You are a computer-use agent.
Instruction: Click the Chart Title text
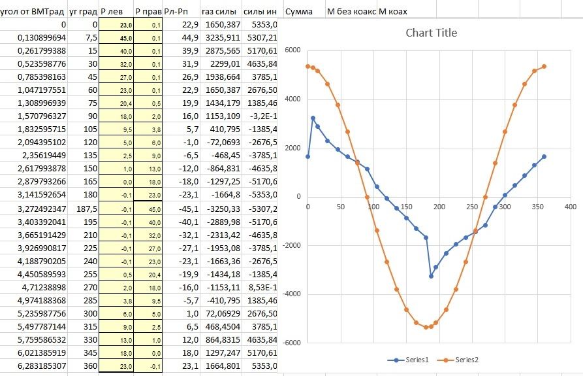coord(431,33)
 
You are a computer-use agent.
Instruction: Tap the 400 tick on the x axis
coord(570,207)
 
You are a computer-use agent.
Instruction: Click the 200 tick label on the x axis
coord(439,207)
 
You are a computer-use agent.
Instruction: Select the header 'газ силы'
coord(217,12)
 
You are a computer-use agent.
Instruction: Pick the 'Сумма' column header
coord(299,12)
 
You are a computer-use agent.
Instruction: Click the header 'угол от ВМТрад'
coord(33,12)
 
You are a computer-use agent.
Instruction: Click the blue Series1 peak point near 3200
coord(313,118)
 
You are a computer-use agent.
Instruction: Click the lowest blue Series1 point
coord(431,276)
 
